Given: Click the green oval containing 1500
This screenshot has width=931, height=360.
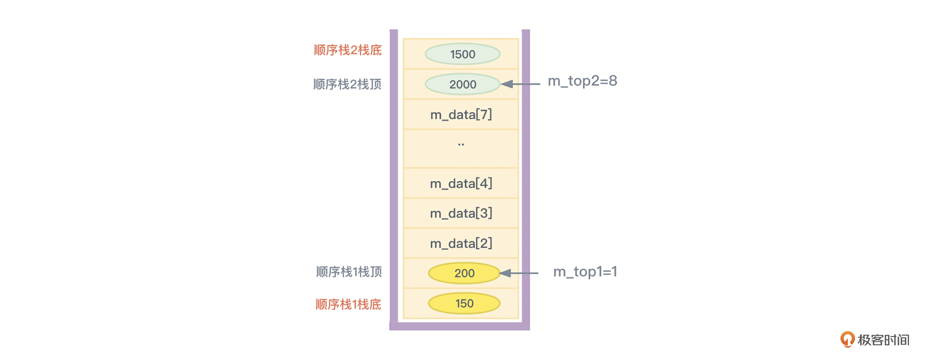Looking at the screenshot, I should click(x=463, y=54).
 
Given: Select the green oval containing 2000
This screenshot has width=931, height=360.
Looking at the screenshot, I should click(x=463, y=84).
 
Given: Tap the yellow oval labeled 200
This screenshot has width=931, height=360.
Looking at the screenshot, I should click(x=464, y=273).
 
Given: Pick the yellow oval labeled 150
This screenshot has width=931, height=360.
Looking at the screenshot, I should click(x=464, y=303).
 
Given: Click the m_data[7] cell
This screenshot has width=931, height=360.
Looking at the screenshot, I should click(x=461, y=115).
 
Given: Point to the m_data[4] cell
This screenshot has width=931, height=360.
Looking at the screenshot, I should click(x=461, y=183).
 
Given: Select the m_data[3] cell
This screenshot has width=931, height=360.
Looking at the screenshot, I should click(x=461, y=213).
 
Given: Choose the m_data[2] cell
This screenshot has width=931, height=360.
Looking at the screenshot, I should click(x=461, y=243).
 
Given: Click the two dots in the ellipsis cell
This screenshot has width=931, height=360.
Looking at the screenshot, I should click(x=461, y=144).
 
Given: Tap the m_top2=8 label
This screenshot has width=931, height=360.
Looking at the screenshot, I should click(x=582, y=81).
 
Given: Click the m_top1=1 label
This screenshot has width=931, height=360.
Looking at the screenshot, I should click(x=585, y=272).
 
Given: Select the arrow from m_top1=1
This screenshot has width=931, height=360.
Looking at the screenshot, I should click(x=519, y=273).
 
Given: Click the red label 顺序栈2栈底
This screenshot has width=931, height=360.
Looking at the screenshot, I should click(x=348, y=50).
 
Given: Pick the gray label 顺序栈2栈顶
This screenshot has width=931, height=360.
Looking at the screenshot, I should click(x=347, y=84).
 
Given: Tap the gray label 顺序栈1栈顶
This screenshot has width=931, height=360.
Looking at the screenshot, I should click(x=349, y=272).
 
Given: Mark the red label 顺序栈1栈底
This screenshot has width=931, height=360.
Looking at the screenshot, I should click(x=349, y=305).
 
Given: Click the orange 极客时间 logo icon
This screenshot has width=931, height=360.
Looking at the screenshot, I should click(x=847, y=339).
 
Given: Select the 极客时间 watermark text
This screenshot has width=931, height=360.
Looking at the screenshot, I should click(x=883, y=340).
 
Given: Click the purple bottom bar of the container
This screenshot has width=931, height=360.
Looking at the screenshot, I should click(x=459, y=326).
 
